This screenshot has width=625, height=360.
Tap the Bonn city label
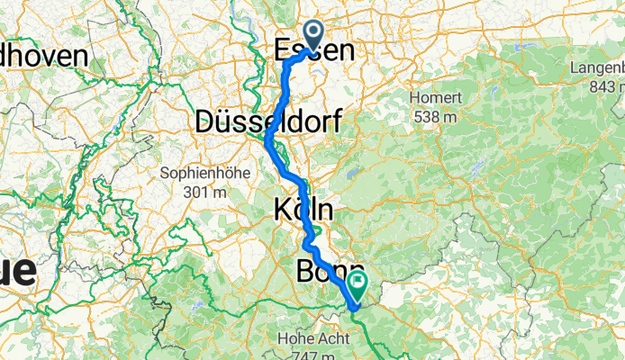tap(330, 272)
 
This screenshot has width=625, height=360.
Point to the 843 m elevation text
tap(605, 87)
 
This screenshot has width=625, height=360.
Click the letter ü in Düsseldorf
tap(224, 121)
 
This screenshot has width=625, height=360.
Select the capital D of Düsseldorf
tap(204, 121)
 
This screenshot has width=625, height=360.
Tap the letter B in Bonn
tap(306, 272)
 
